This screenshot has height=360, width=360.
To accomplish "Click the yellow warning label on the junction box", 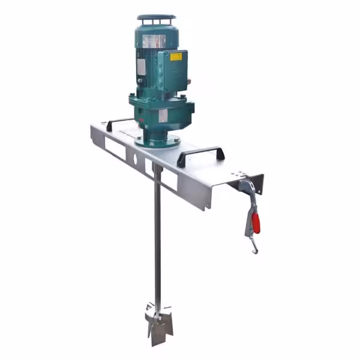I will coord(176,57).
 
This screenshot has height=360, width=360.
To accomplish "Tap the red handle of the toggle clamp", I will coord(256,222).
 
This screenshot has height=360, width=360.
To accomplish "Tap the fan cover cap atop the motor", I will coord(156,19).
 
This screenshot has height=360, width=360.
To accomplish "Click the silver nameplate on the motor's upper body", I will coord(154,41).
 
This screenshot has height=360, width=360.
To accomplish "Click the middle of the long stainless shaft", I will coord(158,240).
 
